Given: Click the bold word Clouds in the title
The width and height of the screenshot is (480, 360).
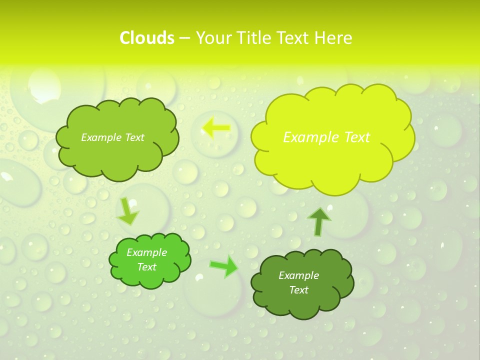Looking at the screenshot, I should click(x=146, y=38).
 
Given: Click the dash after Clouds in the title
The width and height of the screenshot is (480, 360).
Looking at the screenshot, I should click(x=184, y=38).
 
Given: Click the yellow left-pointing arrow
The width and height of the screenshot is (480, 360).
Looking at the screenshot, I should click(x=216, y=128).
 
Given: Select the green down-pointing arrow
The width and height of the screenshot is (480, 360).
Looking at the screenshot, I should click(x=127, y=211).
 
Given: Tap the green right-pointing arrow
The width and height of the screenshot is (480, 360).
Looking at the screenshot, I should click(x=224, y=266).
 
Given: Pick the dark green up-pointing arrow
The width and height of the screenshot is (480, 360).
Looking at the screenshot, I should click(x=319, y=221).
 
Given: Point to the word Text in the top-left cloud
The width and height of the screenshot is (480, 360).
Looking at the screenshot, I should click(x=135, y=137).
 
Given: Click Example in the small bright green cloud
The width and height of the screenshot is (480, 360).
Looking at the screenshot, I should click(x=146, y=252).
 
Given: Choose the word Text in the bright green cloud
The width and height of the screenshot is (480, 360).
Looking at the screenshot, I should click(x=146, y=267).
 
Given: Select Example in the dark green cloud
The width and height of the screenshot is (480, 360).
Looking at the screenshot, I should click(x=298, y=275).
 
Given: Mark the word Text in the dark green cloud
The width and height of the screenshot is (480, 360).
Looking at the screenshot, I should click(x=298, y=290).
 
